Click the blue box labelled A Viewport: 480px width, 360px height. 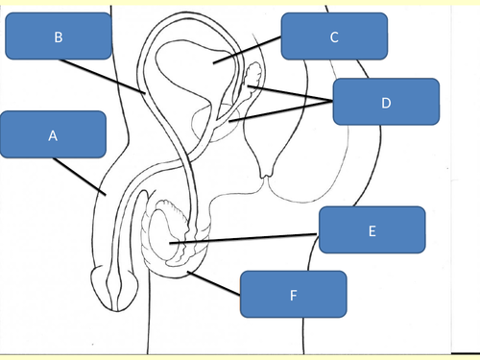[53, 136]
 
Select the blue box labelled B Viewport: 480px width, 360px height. [58, 37]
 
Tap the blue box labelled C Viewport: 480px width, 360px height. [334, 37]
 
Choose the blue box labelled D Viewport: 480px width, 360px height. [386, 102]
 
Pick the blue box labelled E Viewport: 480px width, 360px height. [372, 229]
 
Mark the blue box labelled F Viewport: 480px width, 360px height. [293, 294]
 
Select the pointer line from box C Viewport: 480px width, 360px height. [248, 52]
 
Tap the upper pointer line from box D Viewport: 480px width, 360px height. [293, 94]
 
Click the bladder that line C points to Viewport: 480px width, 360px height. [197, 72]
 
